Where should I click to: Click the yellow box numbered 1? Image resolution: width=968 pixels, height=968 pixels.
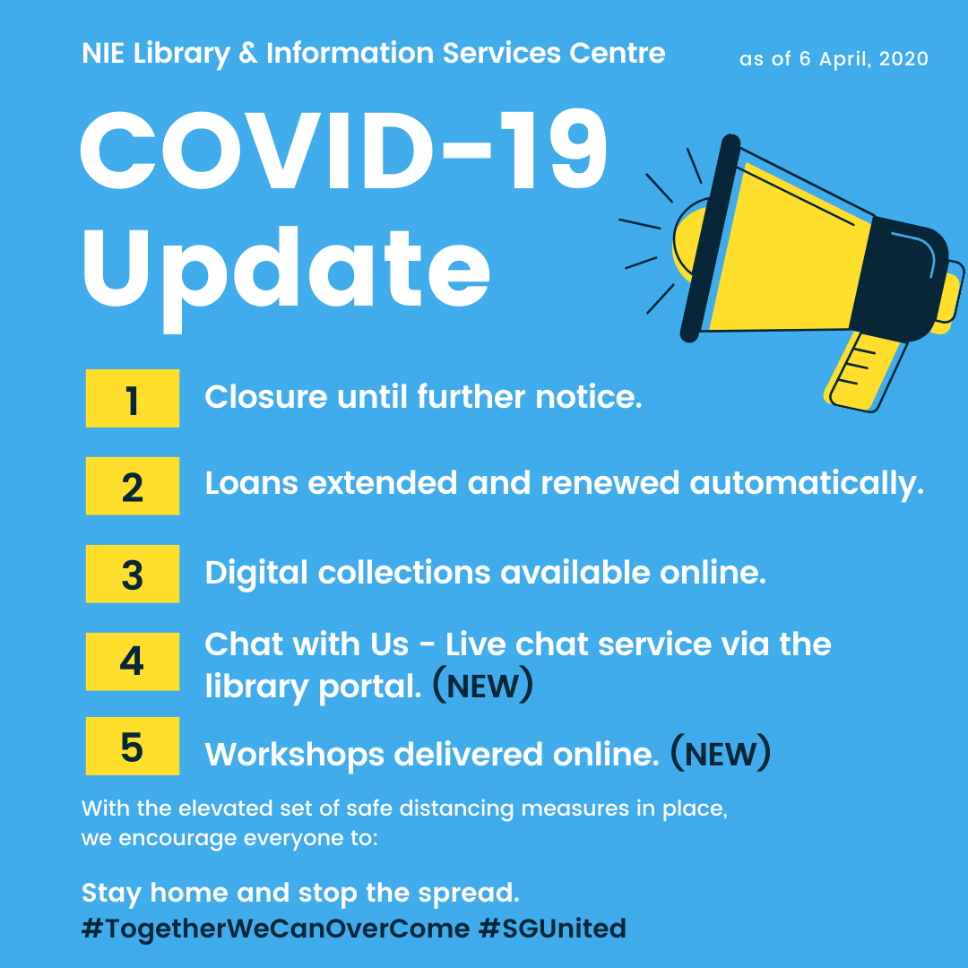133,399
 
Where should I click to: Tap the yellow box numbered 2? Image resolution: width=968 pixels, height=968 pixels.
133,487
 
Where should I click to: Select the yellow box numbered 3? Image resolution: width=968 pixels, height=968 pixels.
133,574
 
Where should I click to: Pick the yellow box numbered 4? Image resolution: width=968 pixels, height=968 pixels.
133,661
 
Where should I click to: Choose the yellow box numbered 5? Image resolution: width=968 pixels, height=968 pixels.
133,747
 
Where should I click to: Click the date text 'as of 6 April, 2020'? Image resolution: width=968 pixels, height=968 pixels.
834,59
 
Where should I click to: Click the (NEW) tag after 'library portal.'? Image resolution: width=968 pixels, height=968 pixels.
483,687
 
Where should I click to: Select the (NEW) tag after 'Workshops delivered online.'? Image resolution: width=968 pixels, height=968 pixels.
721,754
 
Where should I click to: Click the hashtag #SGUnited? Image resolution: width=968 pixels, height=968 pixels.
552,929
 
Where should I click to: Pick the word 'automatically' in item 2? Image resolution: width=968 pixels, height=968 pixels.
806,484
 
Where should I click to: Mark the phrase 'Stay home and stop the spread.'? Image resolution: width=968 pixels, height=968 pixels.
301,893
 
